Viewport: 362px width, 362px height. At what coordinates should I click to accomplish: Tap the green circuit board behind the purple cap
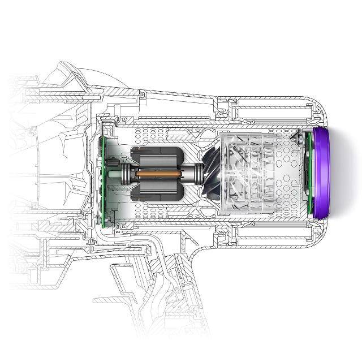coord(309,173)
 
